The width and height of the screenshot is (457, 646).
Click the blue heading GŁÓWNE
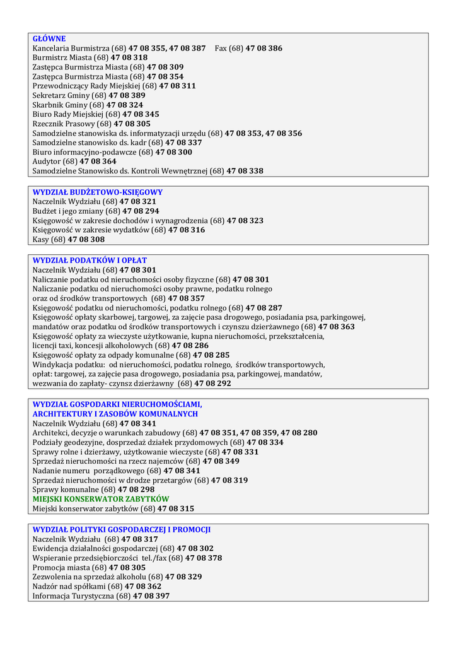tap(49, 38)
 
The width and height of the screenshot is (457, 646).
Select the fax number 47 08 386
tap(264, 48)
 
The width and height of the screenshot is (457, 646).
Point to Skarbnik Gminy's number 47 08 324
tap(125, 105)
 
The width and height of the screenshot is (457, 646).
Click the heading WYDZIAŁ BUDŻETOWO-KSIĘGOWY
tap(98, 192)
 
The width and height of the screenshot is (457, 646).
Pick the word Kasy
tap(41, 240)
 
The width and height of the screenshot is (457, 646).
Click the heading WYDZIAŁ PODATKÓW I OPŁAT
tap(90, 261)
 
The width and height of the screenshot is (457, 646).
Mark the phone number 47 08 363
tap(336, 327)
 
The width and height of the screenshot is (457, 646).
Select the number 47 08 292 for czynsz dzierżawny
tap(212, 384)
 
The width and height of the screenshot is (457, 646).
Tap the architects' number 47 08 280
tap(299, 433)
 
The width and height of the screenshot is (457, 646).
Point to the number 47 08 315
tap(176, 508)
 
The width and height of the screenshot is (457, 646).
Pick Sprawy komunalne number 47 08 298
tap(136, 490)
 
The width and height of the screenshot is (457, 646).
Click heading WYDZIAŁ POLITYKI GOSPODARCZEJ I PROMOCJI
tap(122, 530)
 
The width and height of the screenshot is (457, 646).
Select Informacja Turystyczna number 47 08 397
tap(151, 596)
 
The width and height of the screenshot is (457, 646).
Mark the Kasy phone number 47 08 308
tap(86, 240)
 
